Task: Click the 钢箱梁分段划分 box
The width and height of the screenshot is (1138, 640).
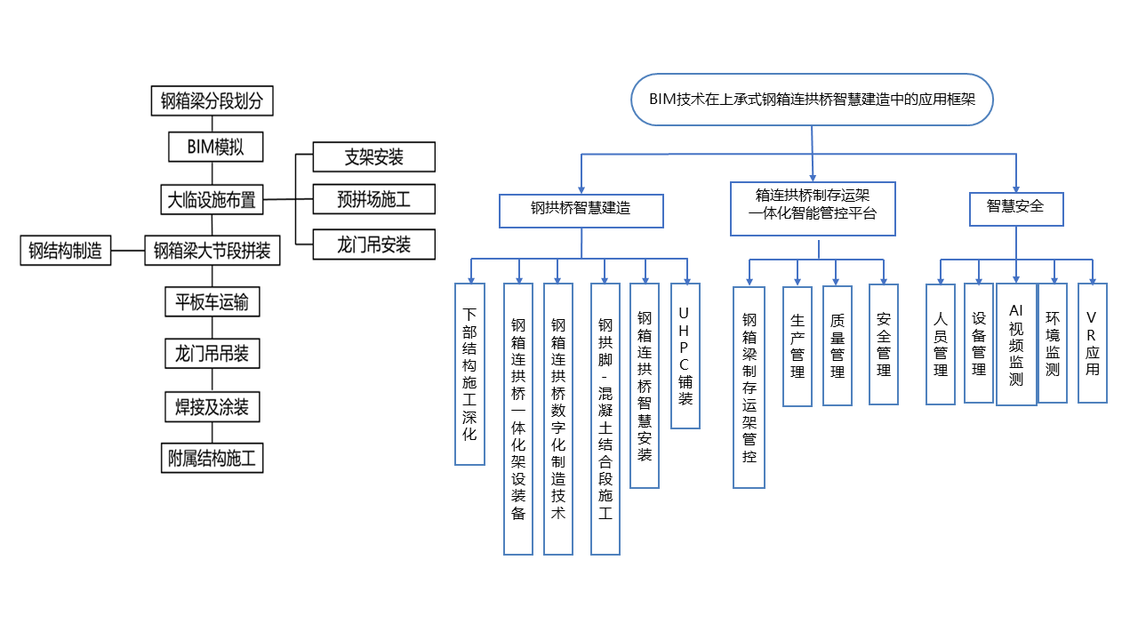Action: (x=212, y=100)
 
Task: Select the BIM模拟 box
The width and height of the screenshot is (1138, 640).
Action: (x=215, y=147)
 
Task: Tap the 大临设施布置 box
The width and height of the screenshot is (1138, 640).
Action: (x=212, y=200)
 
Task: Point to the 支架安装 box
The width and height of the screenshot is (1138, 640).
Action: (x=374, y=157)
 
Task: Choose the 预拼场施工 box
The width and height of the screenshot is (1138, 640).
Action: (x=374, y=199)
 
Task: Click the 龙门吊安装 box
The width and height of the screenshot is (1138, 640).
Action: (x=374, y=244)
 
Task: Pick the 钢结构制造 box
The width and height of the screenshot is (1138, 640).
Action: (x=66, y=251)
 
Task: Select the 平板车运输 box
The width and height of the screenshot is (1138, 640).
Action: (x=212, y=301)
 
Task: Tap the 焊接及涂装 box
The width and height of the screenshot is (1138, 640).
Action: (x=212, y=407)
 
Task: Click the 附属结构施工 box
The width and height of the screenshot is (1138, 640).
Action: (x=212, y=458)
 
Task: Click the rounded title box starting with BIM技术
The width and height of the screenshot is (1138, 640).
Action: (x=812, y=100)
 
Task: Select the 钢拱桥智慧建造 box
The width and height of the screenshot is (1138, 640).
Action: (x=581, y=211)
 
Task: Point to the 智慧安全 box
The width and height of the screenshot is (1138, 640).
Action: (x=1016, y=209)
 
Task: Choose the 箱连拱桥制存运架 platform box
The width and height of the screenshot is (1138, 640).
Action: (x=813, y=209)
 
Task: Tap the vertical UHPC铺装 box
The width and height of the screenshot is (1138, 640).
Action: (x=685, y=356)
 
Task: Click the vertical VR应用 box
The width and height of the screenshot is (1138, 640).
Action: (x=1093, y=343)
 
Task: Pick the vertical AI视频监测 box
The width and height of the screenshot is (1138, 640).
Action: (x=1016, y=344)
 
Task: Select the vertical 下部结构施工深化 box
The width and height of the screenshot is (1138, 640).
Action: (x=470, y=374)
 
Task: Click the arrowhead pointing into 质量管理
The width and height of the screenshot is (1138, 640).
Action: (x=836, y=281)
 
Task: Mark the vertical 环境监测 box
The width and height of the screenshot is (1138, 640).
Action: (x=1053, y=343)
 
